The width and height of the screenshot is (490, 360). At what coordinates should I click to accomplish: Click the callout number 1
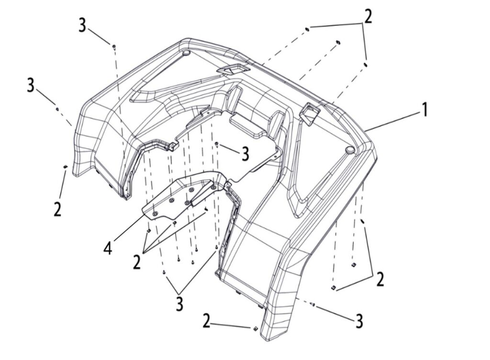coord(423,110)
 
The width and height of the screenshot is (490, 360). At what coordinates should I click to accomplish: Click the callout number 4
coord(108,248)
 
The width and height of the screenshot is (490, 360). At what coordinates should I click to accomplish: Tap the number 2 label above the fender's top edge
coord(367,17)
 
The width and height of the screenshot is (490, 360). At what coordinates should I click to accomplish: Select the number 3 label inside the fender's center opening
coord(245,154)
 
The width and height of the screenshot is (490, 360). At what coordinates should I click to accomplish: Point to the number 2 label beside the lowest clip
coord(206,321)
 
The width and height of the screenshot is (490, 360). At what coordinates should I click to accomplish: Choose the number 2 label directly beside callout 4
coord(137,262)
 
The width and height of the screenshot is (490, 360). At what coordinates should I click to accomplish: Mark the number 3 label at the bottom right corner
coord(359,321)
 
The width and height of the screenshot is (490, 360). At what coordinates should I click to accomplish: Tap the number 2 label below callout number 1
coord(380,279)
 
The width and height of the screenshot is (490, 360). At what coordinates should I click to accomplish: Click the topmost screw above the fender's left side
coord(114,46)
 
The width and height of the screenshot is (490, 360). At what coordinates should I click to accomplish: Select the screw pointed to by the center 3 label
coord(217,143)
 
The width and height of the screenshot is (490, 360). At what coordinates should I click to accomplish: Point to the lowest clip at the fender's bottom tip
coord(255,328)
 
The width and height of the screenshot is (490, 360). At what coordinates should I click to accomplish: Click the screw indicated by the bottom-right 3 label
coord(312,304)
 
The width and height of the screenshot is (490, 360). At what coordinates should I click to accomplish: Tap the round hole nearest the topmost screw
coord(187,52)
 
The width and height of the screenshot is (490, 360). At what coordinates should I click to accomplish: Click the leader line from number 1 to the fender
coord(392,121)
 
